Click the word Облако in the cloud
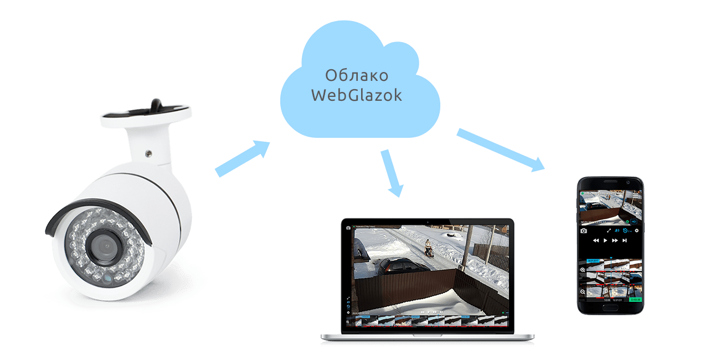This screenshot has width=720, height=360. point(356,75)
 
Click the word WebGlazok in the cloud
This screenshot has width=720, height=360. point(356,95)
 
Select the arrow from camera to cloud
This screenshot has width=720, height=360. point(241,158)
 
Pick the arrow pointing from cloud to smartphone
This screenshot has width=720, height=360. point(501,150)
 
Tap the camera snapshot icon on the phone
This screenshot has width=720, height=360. point(583,230)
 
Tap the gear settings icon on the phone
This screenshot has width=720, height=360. point(636,230)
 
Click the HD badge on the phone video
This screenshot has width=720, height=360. point(634,222)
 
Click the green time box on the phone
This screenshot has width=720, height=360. point(635,300)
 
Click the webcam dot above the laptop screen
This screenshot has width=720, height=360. point(428,222)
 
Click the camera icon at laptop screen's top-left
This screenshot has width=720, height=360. point(348,228)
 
